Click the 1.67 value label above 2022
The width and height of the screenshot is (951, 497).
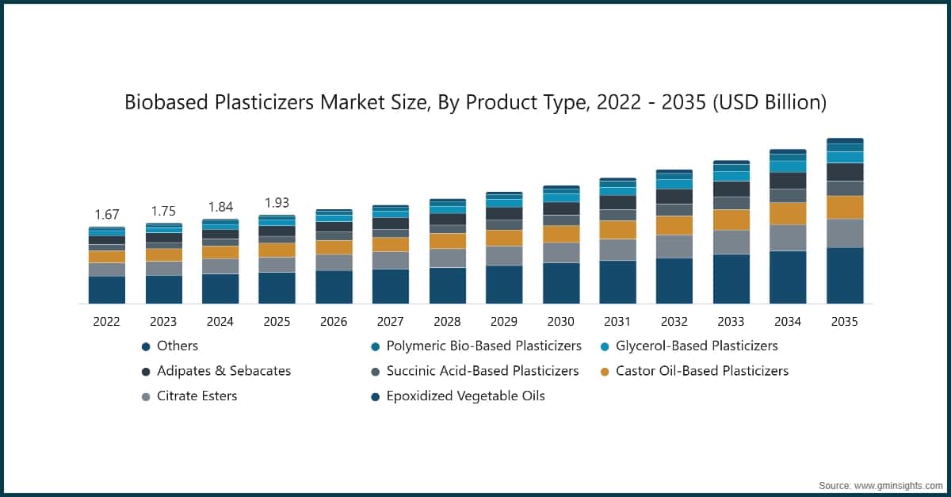107,215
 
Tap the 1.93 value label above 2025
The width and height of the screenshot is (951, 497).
277,203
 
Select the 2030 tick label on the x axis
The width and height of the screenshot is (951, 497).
561,322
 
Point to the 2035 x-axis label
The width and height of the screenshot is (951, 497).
845,322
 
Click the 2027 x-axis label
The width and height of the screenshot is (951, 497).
391,322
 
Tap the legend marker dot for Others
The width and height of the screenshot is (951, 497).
146,346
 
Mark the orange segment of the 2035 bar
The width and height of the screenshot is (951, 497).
845,207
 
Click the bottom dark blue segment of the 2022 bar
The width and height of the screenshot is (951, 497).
107,289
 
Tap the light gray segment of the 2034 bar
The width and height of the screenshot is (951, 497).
788,238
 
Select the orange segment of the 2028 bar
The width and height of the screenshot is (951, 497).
448,241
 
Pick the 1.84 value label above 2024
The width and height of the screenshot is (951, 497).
220,208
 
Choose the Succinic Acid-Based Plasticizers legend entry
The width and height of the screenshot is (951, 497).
482,371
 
